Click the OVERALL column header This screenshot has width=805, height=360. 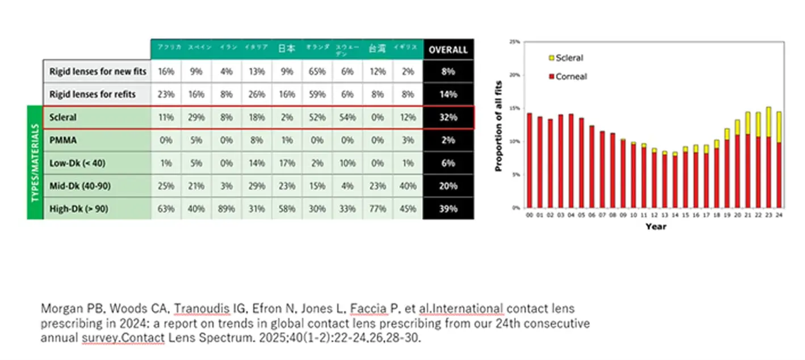pyautogui.click(x=448, y=49)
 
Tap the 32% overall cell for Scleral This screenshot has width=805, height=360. pyautogui.click(x=448, y=118)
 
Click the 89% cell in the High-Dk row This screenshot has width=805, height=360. pyautogui.click(x=227, y=208)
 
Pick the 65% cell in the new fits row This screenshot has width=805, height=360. pyautogui.click(x=317, y=72)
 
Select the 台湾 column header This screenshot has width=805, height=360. pyautogui.click(x=377, y=49)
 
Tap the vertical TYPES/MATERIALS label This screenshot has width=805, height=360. pyautogui.click(x=35, y=162)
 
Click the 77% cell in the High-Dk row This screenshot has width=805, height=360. pyautogui.click(x=377, y=208)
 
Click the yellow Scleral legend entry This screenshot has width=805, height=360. pyautogui.click(x=565, y=58)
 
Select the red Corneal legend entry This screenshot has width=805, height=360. pyautogui.click(x=567, y=76)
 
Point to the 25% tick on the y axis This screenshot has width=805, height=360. pyautogui.click(x=515, y=42)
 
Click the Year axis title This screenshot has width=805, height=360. pyautogui.click(x=655, y=227)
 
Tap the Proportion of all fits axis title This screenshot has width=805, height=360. pyautogui.click(x=499, y=124)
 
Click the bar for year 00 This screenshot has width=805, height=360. pyautogui.click(x=530, y=161)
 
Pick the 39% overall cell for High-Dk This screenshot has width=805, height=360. pyautogui.click(x=448, y=208)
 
